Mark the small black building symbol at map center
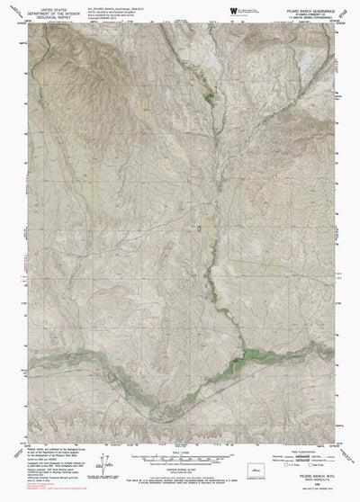click(x=200, y=206)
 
